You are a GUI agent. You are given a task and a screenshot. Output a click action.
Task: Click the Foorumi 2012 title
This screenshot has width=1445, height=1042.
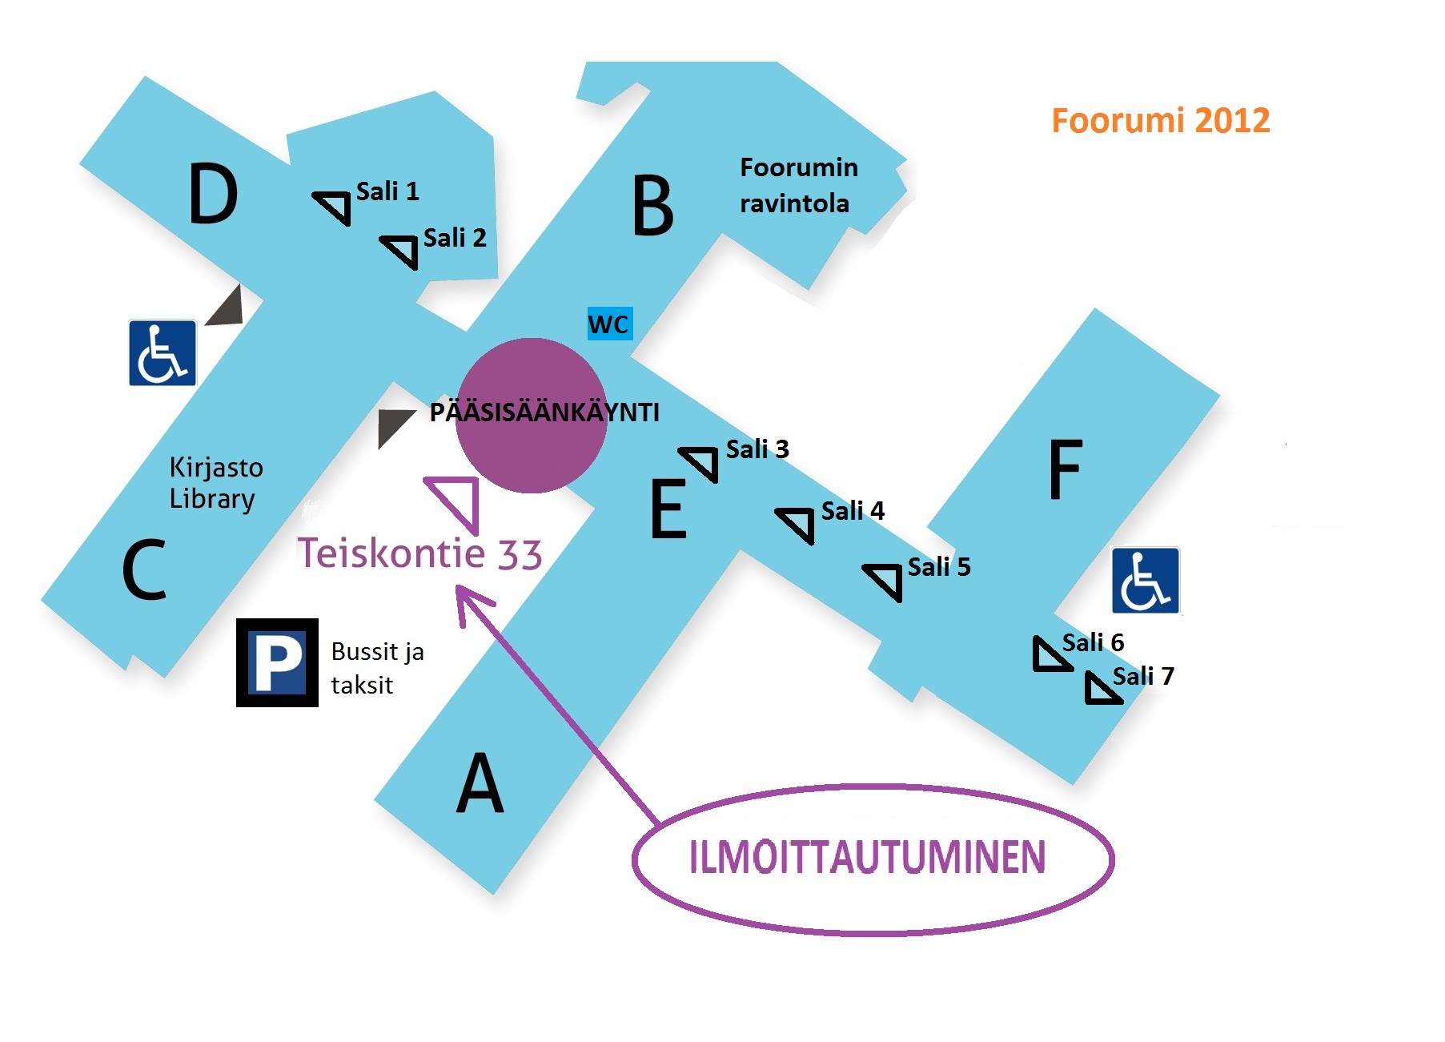[x=1160, y=121]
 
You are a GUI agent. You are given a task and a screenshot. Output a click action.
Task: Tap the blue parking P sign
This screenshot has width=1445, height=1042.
[x=277, y=662]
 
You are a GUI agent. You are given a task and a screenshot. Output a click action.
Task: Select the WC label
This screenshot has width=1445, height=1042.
[x=610, y=324]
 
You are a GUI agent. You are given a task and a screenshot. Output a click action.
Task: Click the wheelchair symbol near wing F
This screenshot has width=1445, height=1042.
[x=1146, y=581]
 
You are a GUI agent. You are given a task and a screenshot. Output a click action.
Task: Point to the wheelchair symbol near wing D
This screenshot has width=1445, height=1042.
[x=163, y=352]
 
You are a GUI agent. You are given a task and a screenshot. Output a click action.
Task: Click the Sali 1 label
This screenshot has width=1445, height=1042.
[x=387, y=191]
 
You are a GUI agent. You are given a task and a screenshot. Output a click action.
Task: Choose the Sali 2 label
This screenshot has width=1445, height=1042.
[x=455, y=238]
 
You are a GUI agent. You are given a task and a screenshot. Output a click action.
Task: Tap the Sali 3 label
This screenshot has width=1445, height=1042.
[x=757, y=449]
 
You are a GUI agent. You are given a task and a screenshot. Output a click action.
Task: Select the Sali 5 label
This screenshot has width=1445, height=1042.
[x=939, y=567]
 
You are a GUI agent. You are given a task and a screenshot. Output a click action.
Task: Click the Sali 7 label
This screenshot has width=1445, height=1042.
[x=1143, y=676]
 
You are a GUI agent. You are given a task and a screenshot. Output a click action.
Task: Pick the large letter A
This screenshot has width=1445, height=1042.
[x=480, y=783]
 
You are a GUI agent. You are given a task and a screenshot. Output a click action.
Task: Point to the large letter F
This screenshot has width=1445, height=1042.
[x=1066, y=469]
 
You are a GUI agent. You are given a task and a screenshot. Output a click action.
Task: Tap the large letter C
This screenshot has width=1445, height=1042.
[x=145, y=569]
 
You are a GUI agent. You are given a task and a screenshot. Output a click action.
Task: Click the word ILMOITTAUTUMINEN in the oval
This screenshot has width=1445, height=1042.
[x=868, y=857]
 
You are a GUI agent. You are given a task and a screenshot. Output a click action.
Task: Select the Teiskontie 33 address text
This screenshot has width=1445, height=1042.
[x=419, y=553]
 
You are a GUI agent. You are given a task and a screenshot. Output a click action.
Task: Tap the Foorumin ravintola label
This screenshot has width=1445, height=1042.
[x=798, y=186]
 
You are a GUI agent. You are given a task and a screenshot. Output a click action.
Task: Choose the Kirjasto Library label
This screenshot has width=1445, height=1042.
[x=216, y=483]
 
